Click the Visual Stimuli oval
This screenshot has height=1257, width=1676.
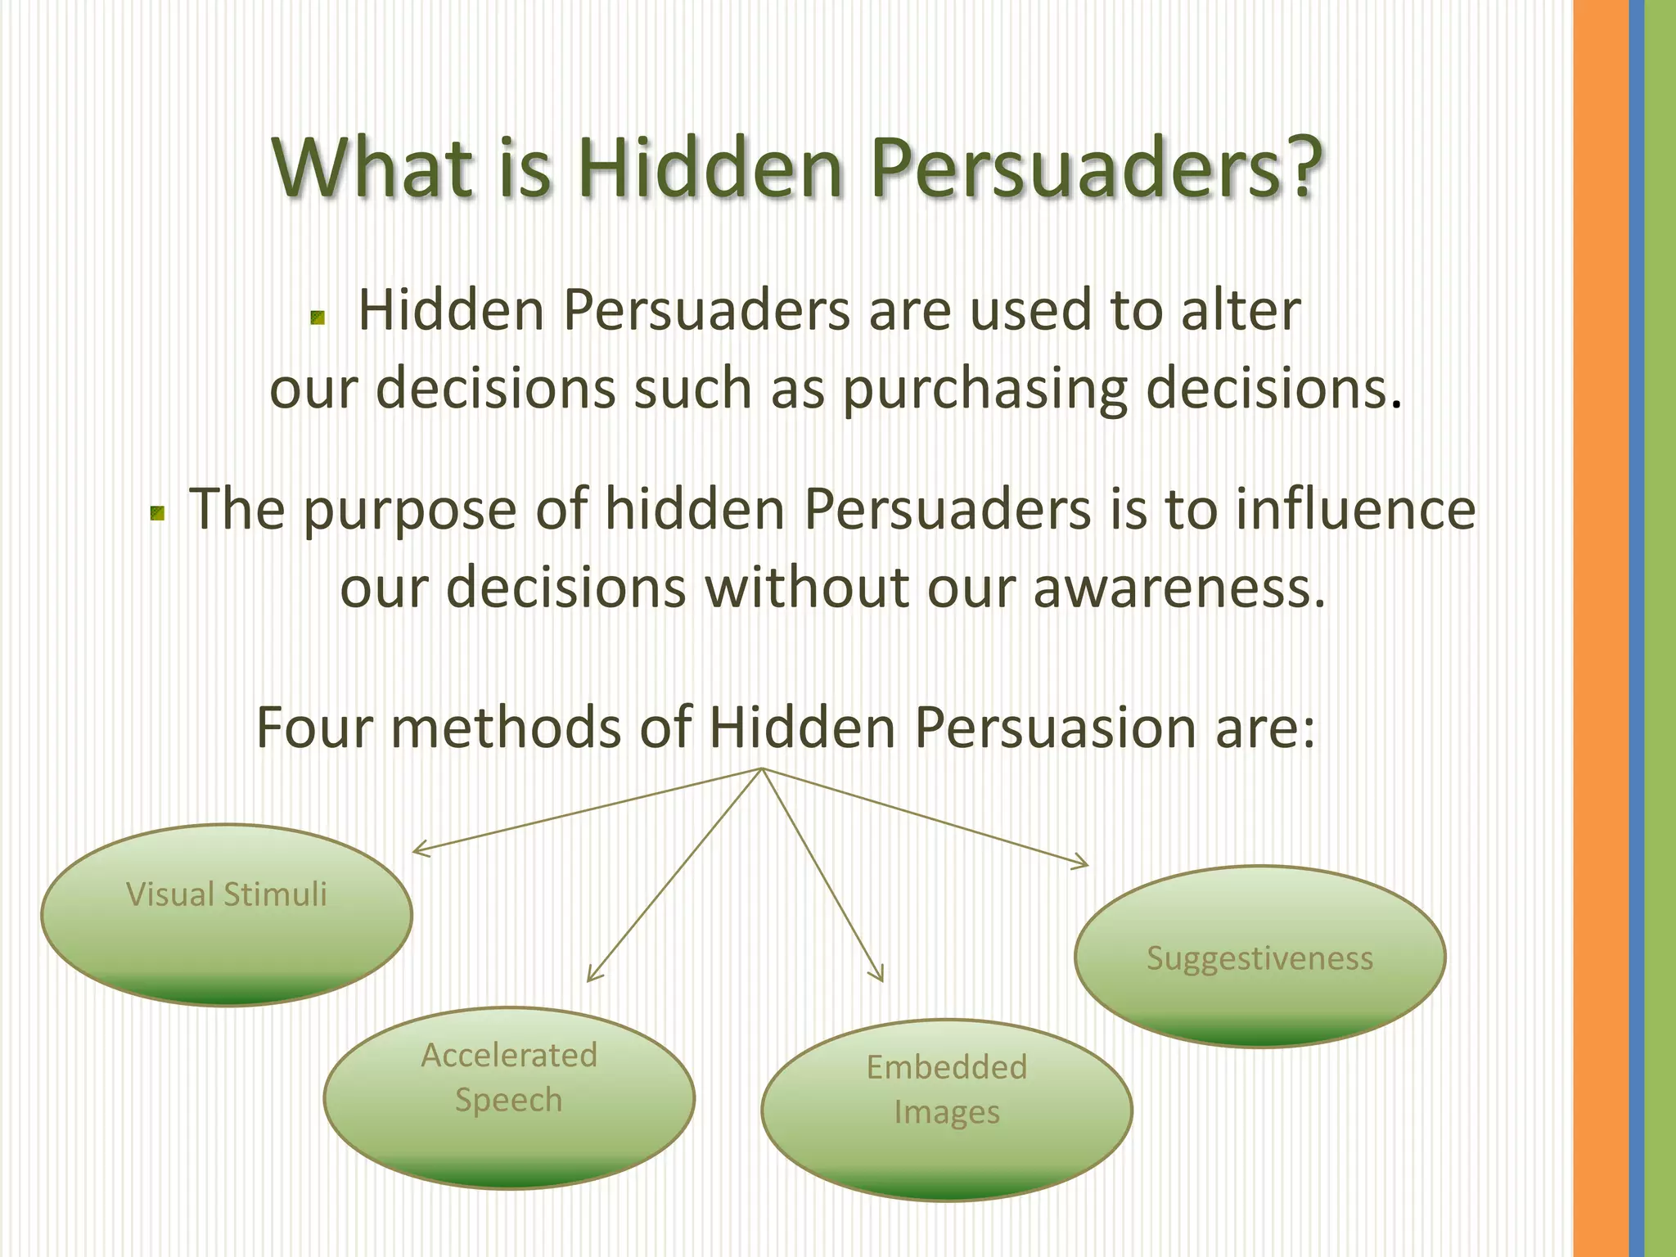click(x=227, y=914)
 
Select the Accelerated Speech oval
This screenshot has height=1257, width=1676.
click(x=509, y=1097)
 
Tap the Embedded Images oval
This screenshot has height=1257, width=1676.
click(x=947, y=1110)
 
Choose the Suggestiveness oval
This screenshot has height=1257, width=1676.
click(x=1259, y=956)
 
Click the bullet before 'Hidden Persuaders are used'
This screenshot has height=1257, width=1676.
click(x=318, y=318)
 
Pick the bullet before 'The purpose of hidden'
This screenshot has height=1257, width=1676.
click(x=158, y=514)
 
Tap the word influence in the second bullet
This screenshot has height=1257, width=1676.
click(x=1355, y=509)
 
